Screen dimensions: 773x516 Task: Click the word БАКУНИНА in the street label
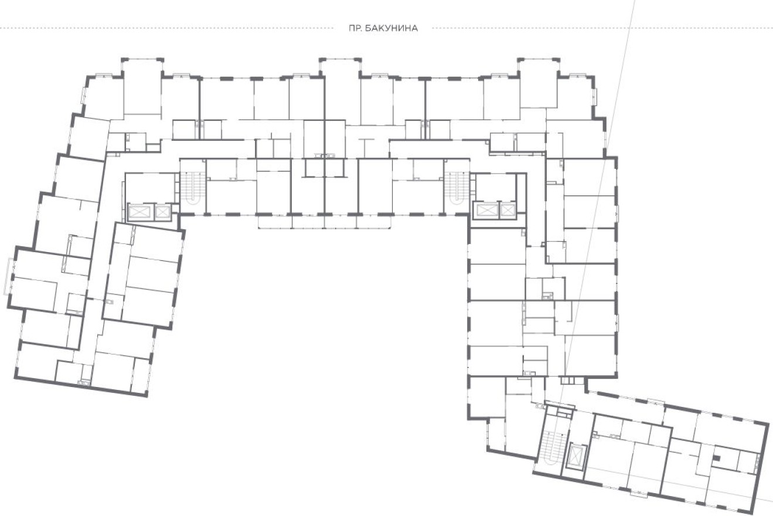pos(391,28)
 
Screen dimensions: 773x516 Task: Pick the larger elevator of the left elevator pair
pos(141,212)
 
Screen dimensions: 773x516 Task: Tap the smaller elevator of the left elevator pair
pos(162,212)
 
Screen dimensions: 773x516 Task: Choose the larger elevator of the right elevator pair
pos(487,210)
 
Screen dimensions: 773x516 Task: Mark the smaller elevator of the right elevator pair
pos(508,210)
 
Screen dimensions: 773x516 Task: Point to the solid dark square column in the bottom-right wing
pos(716,459)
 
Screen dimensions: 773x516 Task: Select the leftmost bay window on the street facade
pos(142,86)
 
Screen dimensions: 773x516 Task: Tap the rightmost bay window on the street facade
pos(539,83)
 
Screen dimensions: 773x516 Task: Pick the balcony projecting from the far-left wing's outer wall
pos(9,276)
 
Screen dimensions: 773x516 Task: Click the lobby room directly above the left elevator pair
pos(150,188)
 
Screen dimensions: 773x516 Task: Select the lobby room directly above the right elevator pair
pos(496,187)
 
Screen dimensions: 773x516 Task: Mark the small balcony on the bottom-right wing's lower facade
pos(638,493)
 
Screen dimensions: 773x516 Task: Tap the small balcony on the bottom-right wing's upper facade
pos(656,401)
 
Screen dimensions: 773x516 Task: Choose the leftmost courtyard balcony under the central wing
pos(275,222)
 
